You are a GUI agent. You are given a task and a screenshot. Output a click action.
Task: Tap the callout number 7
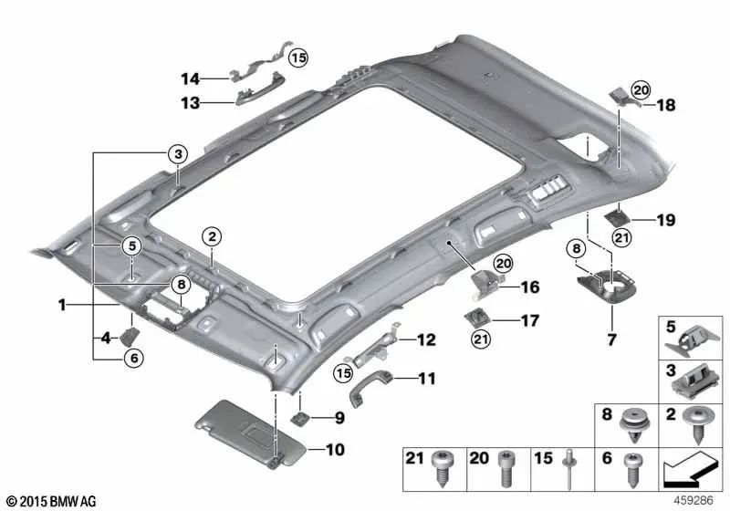610,339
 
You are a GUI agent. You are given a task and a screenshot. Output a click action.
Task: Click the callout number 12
426,340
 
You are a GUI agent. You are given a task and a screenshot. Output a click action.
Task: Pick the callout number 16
530,287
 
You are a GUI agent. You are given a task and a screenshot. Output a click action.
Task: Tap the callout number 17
529,320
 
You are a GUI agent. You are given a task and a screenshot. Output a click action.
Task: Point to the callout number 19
666,219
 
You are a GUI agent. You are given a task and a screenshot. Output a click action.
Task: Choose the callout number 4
105,339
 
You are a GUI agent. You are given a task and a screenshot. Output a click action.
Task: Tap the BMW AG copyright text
51,501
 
